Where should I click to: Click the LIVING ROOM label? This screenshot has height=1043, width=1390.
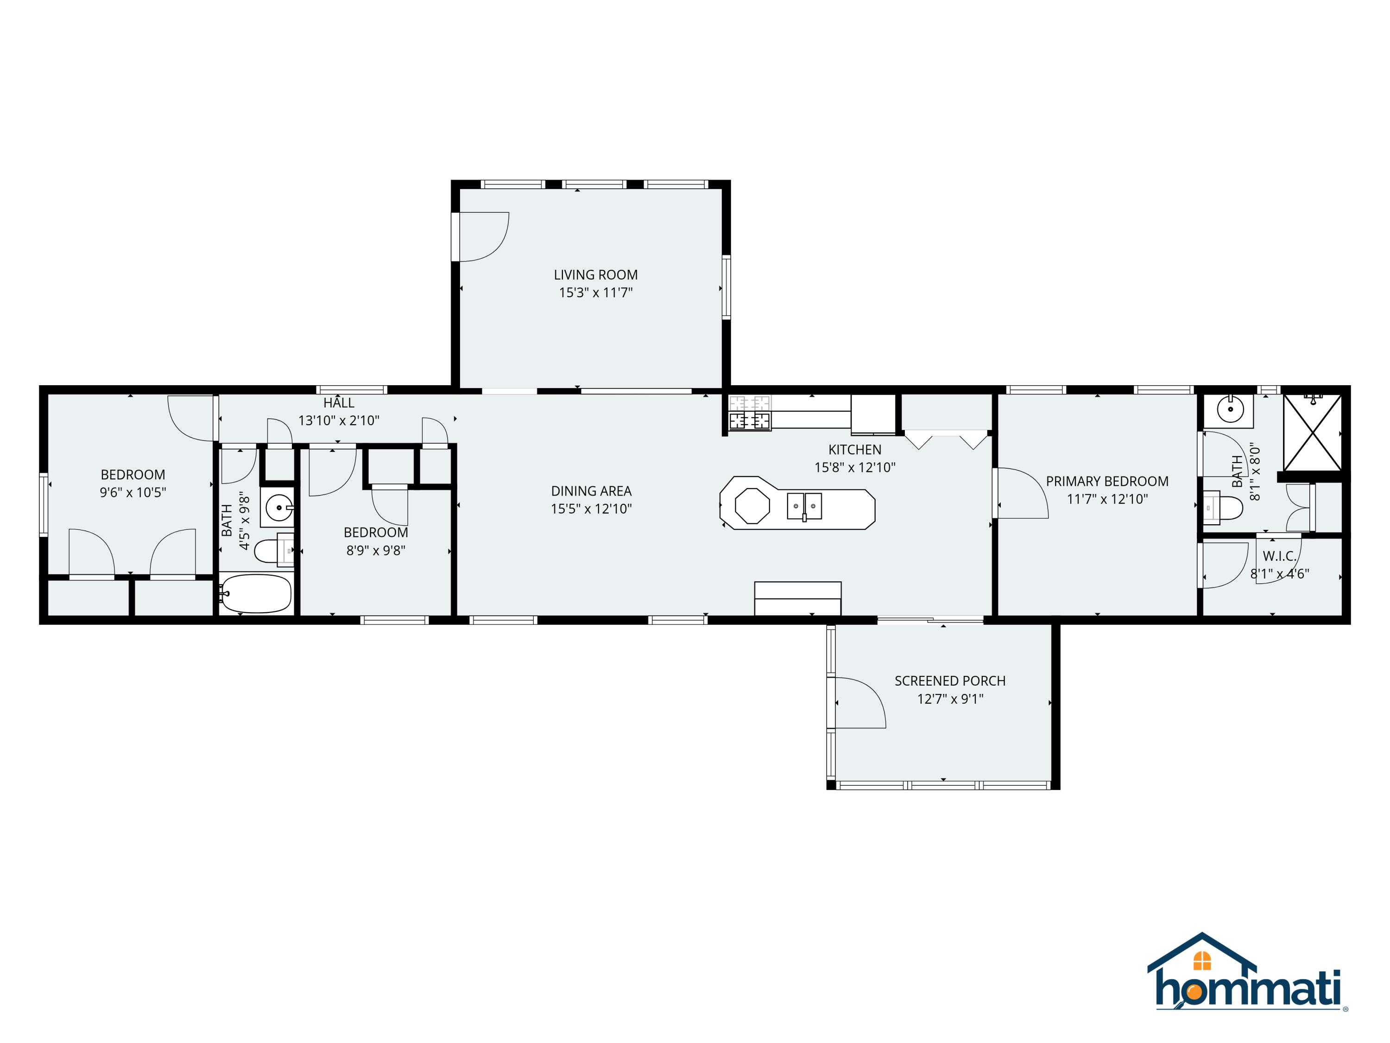(595, 275)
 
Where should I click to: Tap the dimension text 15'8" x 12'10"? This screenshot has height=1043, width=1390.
(854, 467)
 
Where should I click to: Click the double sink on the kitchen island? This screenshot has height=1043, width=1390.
(804, 506)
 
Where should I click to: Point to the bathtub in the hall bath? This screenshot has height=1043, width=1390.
(256, 593)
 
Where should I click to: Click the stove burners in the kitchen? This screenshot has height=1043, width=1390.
(750, 420)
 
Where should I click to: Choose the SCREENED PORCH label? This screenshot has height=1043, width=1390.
(949, 681)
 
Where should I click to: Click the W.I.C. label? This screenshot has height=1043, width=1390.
(1279, 556)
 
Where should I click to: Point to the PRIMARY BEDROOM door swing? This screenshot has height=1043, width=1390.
(1021, 494)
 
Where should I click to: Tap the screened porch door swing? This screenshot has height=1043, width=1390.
(859, 703)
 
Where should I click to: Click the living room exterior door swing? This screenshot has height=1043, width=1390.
(483, 237)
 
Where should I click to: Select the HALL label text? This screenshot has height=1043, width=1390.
(339, 403)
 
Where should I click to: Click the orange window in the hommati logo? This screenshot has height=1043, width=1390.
(1201, 960)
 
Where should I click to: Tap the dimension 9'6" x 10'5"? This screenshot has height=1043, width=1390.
(133, 492)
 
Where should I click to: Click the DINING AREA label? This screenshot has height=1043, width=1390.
(591, 491)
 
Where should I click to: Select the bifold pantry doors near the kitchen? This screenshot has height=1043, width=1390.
(946, 439)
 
